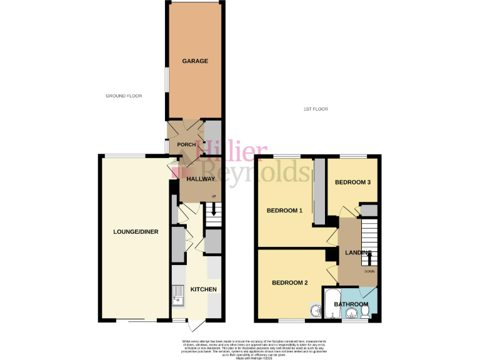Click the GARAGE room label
point(195,61)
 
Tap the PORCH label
point(187,145)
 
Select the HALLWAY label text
point(200,179)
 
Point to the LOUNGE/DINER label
point(136,232)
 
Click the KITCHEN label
point(204,289)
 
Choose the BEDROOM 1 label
point(284,211)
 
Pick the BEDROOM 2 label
point(289,283)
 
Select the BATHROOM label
point(351,304)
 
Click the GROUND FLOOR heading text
point(124,96)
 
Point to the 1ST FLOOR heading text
point(316,109)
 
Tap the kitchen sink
point(178,297)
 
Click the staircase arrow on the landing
point(368,256)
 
